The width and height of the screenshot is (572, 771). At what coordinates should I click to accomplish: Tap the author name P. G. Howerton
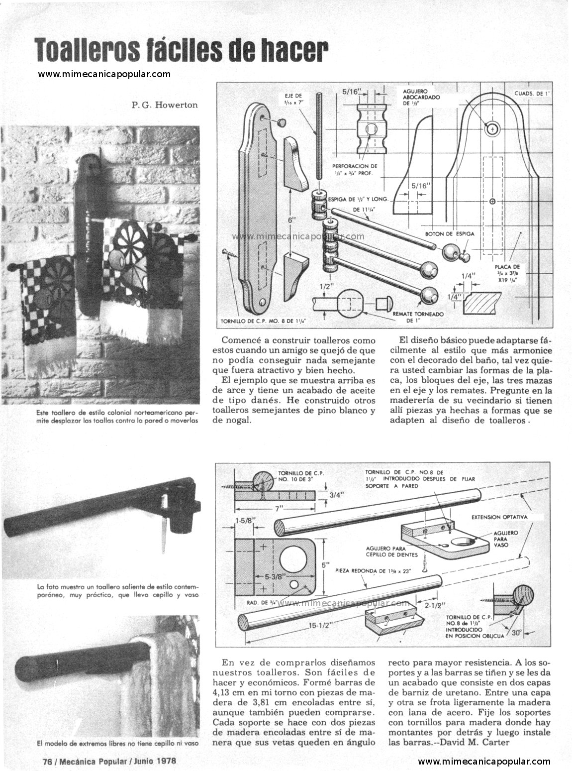tap(165, 105)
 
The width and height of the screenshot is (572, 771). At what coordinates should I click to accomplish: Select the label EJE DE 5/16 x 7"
tap(293, 99)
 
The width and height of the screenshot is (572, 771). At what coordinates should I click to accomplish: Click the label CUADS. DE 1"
tap(533, 93)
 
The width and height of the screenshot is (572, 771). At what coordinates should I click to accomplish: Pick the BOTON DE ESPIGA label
tap(450, 234)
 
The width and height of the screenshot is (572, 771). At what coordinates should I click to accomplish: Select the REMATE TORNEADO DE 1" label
tap(418, 317)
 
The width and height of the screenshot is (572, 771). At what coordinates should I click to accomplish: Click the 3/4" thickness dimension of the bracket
tap(336, 495)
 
